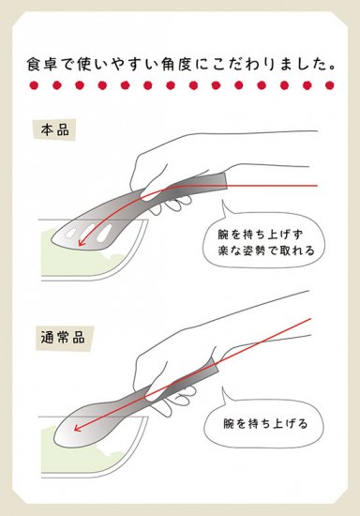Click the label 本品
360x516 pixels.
pos(55,130)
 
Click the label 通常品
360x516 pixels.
pos(63,338)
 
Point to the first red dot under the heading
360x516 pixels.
pos(34,85)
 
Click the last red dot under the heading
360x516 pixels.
pos(329,85)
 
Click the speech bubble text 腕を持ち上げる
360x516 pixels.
pos(265,423)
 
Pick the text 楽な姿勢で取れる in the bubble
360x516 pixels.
pos(266,251)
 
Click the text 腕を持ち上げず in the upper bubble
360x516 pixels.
pos(260,235)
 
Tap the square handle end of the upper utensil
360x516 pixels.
pos(222,180)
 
